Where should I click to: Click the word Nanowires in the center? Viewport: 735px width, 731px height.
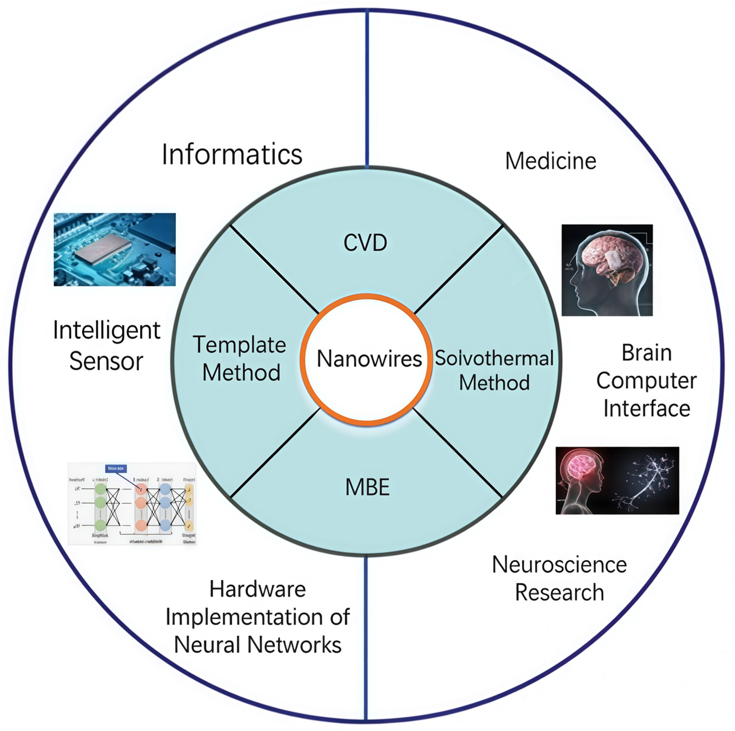click(x=369, y=359)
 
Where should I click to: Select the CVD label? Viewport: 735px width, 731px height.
click(x=365, y=243)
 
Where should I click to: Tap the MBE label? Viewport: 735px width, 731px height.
click(x=367, y=487)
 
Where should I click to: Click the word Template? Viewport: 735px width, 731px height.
click(x=239, y=345)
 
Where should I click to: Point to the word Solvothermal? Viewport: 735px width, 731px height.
click(x=494, y=358)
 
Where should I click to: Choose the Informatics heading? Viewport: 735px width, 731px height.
click(x=232, y=154)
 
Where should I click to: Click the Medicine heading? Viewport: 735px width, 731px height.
click(x=550, y=161)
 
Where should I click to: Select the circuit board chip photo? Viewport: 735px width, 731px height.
click(x=114, y=250)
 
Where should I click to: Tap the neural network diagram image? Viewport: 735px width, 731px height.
click(x=132, y=504)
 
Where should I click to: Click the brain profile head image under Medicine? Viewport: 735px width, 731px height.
click(x=607, y=270)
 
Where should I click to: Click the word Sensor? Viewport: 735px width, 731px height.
click(x=106, y=361)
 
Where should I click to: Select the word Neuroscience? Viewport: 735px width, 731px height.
click(x=559, y=565)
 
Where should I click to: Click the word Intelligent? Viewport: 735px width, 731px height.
click(x=107, y=330)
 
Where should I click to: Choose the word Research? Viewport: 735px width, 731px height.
click(x=559, y=593)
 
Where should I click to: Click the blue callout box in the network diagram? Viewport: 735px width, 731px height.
click(x=116, y=469)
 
